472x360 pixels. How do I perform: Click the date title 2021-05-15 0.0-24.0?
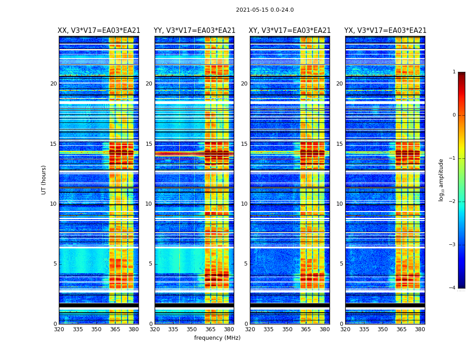coord(265,10)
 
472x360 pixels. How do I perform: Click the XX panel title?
coord(99,31)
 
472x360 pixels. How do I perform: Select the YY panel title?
coord(194,31)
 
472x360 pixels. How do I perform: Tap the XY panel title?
coord(290,31)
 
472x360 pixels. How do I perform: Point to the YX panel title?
coord(385,31)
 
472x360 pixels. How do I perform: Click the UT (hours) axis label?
coord(44,180)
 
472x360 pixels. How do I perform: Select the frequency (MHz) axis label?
coord(217,338)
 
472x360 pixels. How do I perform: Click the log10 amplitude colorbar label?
coord(441,180)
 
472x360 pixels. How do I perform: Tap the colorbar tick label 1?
coord(454,72)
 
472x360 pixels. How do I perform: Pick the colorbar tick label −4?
coord(453,288)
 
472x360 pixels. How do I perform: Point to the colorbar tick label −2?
coord(453,202)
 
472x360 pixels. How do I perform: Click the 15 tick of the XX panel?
coord(53,144)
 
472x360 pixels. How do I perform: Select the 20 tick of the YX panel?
coord(339,84)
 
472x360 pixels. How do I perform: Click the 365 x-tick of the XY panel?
coord(306,329)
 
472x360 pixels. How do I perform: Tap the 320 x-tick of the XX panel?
coord(59,329)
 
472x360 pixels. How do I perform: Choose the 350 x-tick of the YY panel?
coord(192,329)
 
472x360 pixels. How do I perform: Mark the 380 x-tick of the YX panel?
coord(420,329)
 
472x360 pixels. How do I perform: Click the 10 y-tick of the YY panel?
coord(149,204)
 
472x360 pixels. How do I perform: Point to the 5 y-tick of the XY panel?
coord(246,264)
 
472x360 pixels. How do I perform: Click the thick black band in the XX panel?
coord(99,305)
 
